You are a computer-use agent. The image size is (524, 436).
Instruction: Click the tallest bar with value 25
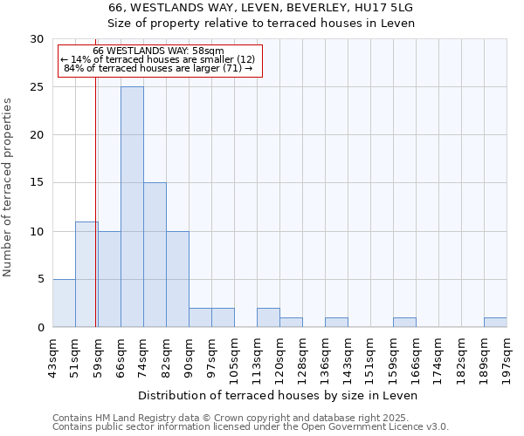[132, 207]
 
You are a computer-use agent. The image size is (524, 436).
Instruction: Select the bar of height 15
[155, 255]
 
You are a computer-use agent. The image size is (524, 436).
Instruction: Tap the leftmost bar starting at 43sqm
[64, 303]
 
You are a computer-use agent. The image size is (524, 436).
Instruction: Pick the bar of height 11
[86, 274]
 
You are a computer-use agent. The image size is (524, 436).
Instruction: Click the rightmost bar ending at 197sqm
[495, 322]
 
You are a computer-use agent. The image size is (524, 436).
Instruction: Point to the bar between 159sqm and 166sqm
[404, 322]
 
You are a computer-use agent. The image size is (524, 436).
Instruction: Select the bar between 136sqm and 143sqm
[336, 322]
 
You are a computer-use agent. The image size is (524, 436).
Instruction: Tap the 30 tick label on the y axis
[36, 39]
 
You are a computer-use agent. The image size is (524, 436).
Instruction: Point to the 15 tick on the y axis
[36, 183]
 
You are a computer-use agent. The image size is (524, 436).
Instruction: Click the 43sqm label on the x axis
[52, 353]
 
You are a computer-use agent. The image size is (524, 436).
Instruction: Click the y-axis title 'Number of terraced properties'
[8, 187]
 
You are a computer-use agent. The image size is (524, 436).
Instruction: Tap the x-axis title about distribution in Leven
[279, 395]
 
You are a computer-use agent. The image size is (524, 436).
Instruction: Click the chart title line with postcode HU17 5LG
[261, 7]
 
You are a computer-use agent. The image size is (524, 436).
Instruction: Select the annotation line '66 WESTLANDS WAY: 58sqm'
[158, 51]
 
